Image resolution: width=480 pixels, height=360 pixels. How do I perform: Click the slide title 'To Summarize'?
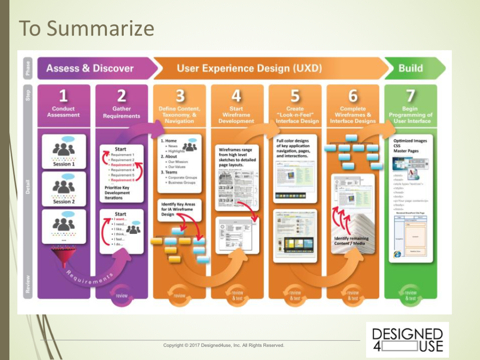point(86,29)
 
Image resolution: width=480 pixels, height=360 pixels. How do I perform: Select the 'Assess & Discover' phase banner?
point(90,68)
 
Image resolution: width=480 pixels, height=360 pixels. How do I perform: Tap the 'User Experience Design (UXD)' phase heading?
point(249,68)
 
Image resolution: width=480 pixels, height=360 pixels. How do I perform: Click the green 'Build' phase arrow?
point(411,68)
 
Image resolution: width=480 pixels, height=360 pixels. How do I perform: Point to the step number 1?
point(63,96)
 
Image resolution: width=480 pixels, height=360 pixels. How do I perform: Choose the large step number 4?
point(236,96)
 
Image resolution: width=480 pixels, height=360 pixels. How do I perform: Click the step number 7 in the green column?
point(411,96)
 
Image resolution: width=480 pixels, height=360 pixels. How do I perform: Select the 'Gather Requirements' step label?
point(121,112)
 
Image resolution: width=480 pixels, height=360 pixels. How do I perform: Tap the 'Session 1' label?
point(64,164)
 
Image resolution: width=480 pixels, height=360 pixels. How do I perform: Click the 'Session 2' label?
point(64,202)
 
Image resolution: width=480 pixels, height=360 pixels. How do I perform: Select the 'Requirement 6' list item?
point(122,180)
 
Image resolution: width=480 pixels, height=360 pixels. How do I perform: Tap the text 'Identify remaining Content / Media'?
point(351,241)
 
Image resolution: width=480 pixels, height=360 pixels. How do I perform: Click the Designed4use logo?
point(407,339)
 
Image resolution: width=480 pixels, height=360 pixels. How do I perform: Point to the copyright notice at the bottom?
point(224,345)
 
